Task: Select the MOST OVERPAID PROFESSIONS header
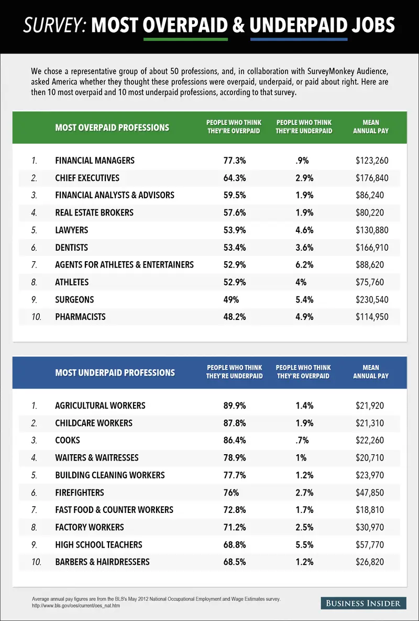(x=112, y=127)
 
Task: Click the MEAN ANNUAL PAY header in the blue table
(x=371, y=372)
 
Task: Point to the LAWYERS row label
(x=72, y=230)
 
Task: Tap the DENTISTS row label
(x=72, y=248)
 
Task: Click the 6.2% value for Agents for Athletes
(x=304, y=265)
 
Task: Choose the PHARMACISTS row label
(x=80, y=317)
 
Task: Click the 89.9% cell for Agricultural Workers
(x=234, y=405)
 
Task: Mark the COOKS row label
(x=68, y=441)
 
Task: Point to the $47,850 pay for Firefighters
(x=370, y=492)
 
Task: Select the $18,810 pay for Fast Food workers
(x=370, y=510)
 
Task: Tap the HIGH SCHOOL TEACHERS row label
(x=98, y=544)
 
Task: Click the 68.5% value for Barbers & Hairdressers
(x=234, y=562)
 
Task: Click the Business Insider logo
(x=363, y=603)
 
